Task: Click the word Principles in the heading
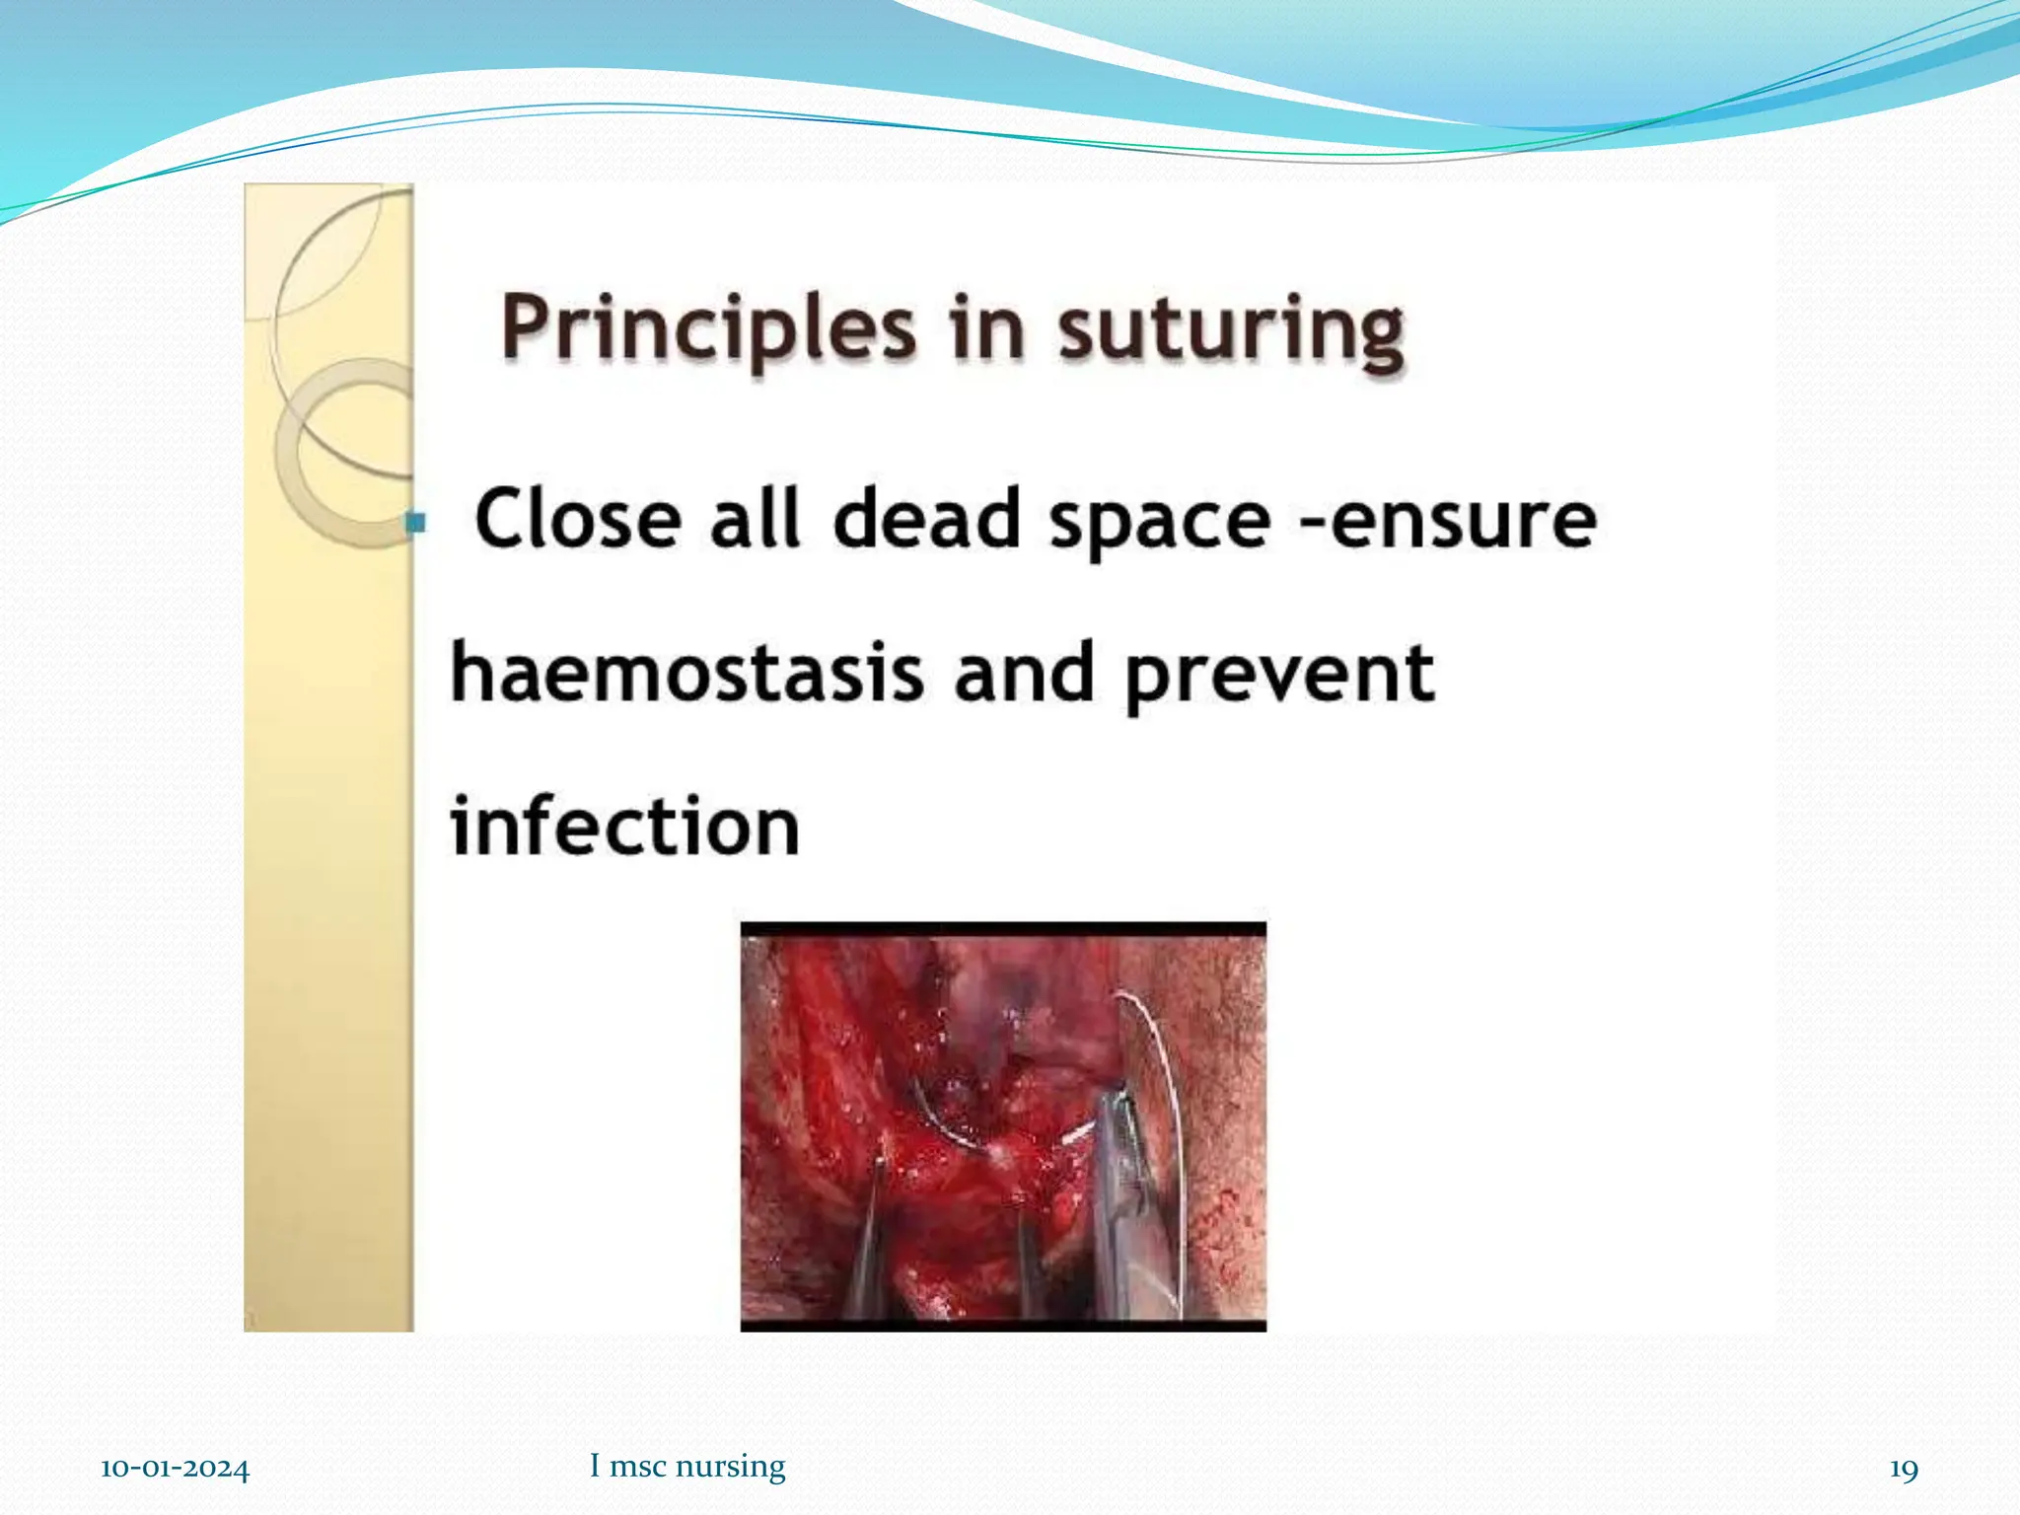(707, 330)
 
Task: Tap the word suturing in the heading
(1231, 330)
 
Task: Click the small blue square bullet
(416, 522)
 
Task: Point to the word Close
(578, 519)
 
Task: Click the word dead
(926, 519)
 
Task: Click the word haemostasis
(686, 674)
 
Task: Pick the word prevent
(1279, 676)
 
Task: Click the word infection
(624, 827)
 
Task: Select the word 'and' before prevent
(1024, 674)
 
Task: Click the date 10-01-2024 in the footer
(175, 1469)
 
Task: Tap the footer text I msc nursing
(687, 1466)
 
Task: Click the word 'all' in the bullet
(755, 519)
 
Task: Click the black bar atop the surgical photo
(1003, 929)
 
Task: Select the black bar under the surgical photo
(1003, 1326)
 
